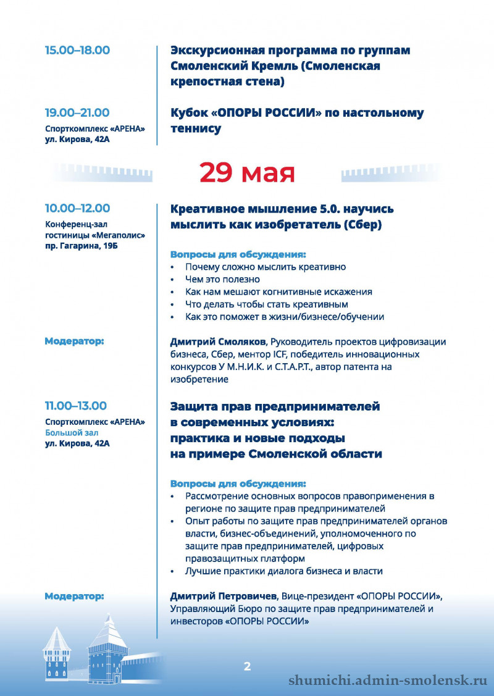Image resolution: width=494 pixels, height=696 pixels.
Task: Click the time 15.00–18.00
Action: point(77,51)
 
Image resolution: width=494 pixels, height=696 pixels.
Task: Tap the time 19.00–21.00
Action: point(77,113)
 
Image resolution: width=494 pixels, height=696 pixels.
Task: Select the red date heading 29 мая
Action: point(247,173)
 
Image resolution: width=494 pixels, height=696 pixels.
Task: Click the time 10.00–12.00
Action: point(77,209)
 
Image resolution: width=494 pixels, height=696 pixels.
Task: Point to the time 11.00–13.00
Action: point(75,406)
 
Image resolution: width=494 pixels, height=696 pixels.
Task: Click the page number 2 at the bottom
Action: point(247,666)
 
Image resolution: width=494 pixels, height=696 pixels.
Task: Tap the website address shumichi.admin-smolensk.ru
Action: point(388,681)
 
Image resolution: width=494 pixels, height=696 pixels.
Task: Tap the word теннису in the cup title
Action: point(196,129)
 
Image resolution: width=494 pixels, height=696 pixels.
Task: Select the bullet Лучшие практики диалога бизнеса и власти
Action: point(284,571)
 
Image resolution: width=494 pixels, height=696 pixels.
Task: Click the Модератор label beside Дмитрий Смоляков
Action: point(74,341)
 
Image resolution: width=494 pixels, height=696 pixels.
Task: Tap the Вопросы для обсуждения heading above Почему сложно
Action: point(238,254)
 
